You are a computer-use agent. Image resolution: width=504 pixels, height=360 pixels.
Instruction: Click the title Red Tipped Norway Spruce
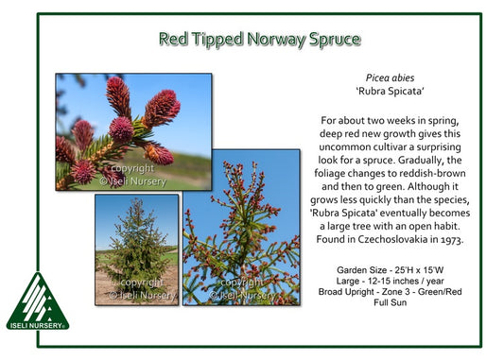(259, 39)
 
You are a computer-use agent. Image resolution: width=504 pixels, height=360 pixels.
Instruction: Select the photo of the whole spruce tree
(136, 249)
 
